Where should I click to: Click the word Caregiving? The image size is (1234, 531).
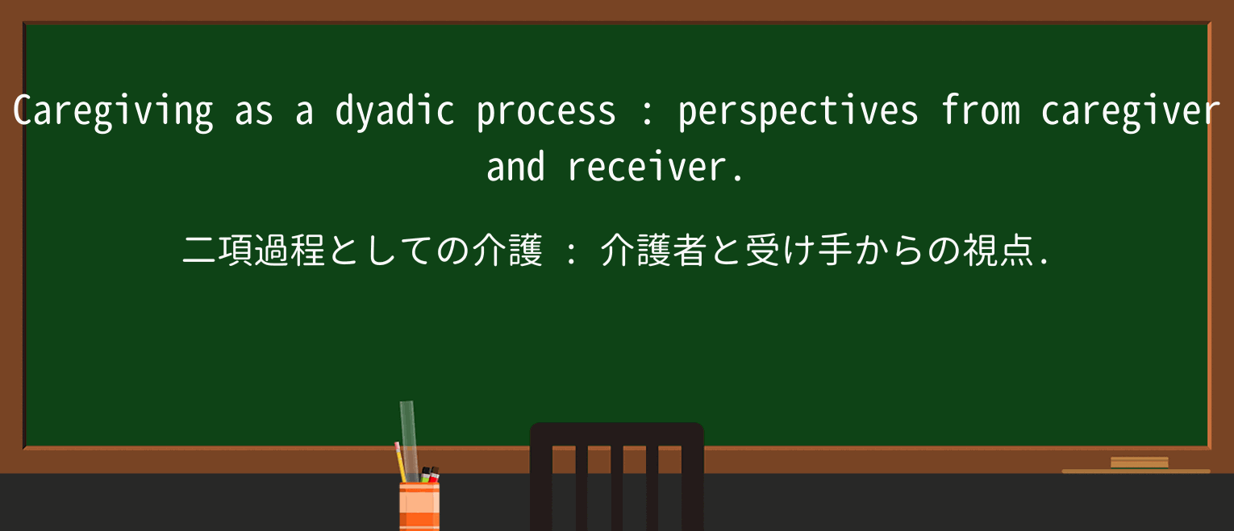[113, 112]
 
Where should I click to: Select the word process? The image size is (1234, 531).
[546, 112]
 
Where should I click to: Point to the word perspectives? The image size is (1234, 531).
[798, 112]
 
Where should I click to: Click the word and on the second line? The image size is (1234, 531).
[516, 168]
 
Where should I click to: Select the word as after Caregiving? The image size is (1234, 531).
[254, 112]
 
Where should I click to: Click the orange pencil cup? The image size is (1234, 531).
[419, 506]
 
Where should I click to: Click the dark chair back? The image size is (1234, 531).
[616, 475]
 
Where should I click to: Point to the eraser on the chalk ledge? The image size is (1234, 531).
[1139, 463]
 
